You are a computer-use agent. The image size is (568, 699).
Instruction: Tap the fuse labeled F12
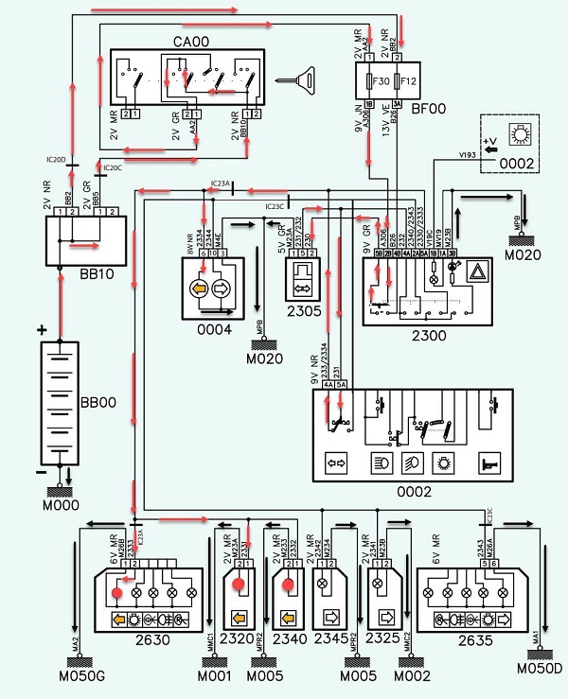coord(408,81)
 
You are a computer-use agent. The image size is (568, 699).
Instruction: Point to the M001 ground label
coord(213,676)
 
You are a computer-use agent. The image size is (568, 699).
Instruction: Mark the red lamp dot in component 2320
coord(241,584)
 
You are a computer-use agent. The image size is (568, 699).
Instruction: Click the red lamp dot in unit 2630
coord(117,593)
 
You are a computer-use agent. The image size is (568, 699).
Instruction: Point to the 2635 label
coord(469,638)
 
